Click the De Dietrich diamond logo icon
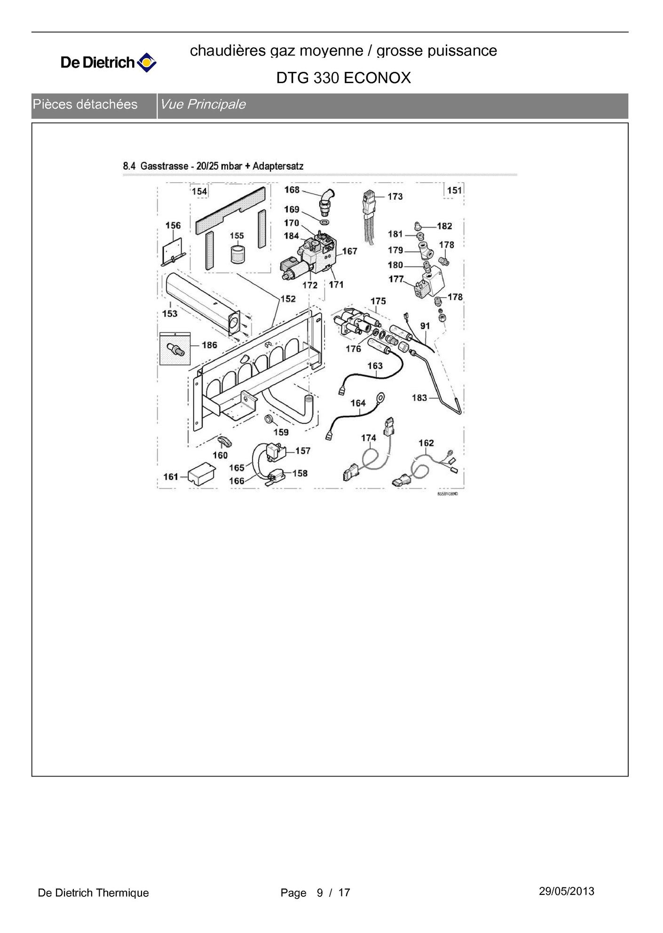point(146,62)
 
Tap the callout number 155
point(237,236)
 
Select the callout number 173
point(395,196)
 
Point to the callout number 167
point(349,251)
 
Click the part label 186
point(209,345)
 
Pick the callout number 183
point(419,398)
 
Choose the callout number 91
point(425,326)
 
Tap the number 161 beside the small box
point(171,477)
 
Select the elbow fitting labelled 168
point(326,198)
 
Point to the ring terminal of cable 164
point(380,398)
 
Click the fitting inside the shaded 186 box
point(175,350)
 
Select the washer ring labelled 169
point(324,221)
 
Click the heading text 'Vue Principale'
point(203,104)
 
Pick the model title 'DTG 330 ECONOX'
point(343,78)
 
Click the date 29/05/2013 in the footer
point(566,891)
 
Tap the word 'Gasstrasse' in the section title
point(164,166)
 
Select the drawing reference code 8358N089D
point(447,494)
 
